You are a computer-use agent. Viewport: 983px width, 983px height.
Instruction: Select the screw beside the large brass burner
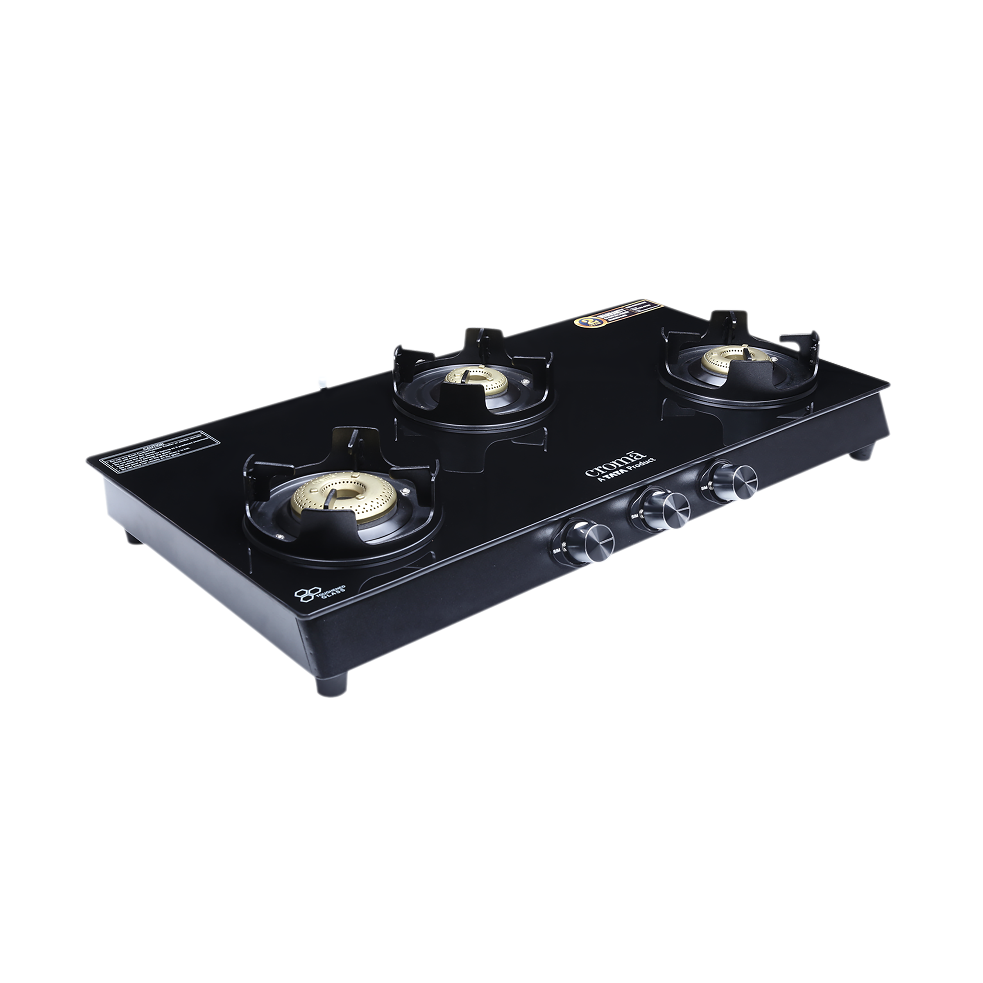coord(405,491)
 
